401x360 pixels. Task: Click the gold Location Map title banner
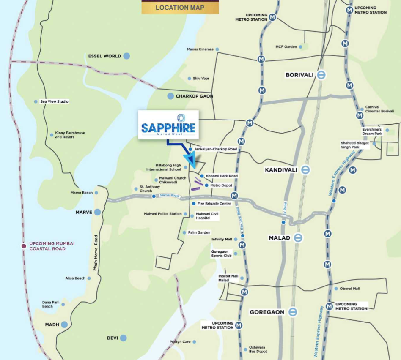pos(180,7)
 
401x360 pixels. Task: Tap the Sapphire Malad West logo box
pos(168,125)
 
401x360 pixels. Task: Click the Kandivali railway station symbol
pos(305,170)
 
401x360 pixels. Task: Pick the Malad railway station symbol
pos(298,238)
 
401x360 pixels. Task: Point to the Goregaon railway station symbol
pos(292,312)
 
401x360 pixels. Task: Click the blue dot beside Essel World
pos(126,56)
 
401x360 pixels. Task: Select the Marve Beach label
pos(82,193)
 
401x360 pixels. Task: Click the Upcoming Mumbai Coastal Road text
pos(52,246)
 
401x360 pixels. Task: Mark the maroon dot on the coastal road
pos(24,246)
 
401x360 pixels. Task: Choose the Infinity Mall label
pos(222,239)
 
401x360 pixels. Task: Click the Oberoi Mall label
pos(350,289)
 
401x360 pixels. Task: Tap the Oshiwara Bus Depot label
pos(258,349)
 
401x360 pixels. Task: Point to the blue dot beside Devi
pos(123,338)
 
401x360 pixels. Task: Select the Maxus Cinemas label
pos(200,49)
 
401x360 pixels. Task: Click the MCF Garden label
pos(286,47)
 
